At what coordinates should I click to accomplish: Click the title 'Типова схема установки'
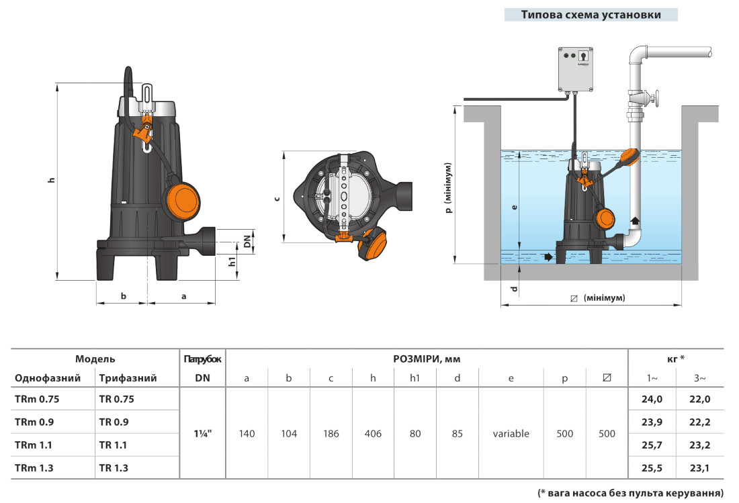[591, 15]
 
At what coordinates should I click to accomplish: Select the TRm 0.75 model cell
[37, 399]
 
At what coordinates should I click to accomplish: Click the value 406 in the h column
[373, 434]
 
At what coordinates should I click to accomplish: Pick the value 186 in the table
[331, 434]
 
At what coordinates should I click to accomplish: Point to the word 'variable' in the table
[511, 434]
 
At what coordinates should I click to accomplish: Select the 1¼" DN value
[202, 434]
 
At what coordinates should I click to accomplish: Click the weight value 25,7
[652, 445]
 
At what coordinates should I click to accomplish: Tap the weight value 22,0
[699, 399]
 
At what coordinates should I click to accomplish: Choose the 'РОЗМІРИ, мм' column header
[427, 359]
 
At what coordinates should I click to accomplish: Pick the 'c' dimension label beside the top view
[277, 199]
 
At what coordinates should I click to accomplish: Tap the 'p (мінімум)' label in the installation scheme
[449, 187]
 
